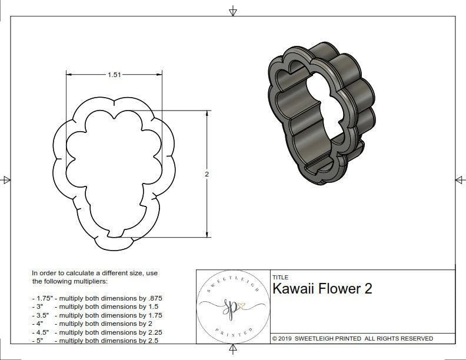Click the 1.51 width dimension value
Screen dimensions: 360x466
click(x=115, y=75)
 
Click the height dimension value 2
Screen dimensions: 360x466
click(x=208, y=175)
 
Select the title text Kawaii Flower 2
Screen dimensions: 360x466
click(x=322, y=289)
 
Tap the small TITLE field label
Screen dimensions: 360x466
click(x=279, y=278)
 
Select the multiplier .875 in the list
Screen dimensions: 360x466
click(x=153, y=298)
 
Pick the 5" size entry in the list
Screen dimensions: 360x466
click(x=38, y=340)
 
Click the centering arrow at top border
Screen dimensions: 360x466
click(x=233, y=11)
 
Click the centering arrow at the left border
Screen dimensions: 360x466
click(x=6, y=180)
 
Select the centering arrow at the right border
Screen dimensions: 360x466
click(x=460, y=180)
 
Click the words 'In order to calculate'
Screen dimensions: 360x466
click(x=62, y=273)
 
